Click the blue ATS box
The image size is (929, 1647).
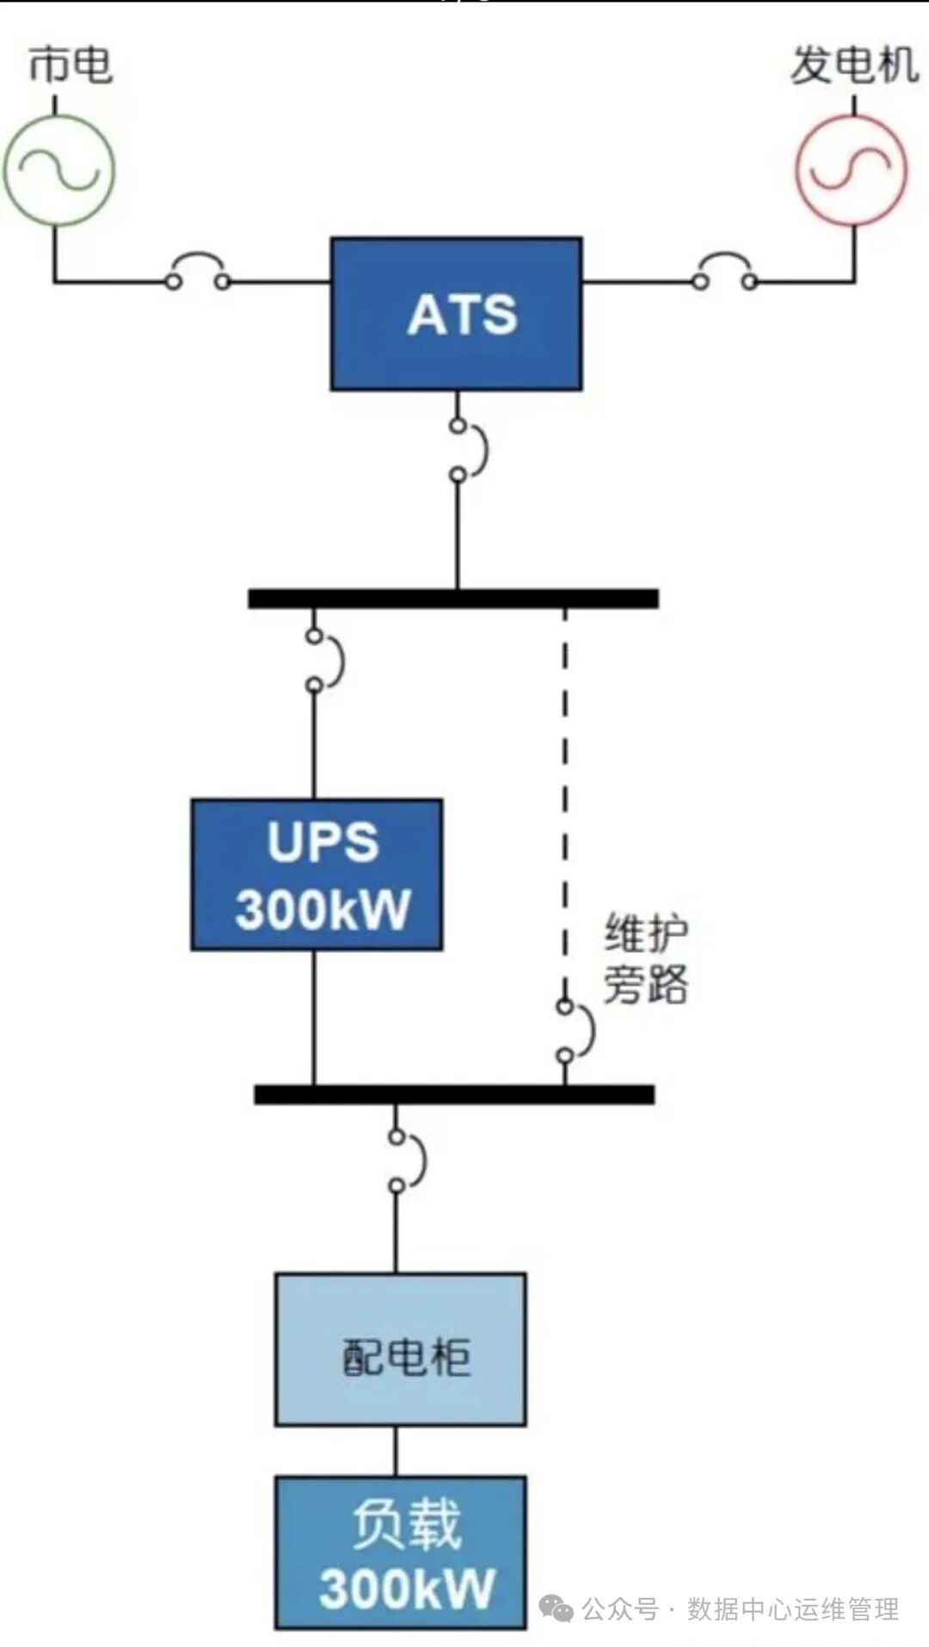pyautogui.click(x=456, y=314)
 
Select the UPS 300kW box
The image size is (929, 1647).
pyautogui.click(x=317, y=875)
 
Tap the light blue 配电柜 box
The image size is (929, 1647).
pyautogui.click(x=400, y=1349)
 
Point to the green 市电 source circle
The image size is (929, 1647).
pyautogui.click(x=58, y=170)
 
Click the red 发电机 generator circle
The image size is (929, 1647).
pyautogui.click(x=851, y=170)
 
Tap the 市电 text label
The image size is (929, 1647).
pyautogui.click(x=70, y=65)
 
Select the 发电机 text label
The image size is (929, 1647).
pyautogui.click(x=853, y=65)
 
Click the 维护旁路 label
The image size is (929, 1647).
pyautogui.click(x=645, y=958)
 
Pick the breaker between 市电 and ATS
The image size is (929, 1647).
pyautogui.click(x=198, y=273)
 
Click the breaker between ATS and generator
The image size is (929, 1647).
pyautogui.click(x=725, y=273)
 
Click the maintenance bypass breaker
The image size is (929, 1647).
pyautogui.click(x=575, y=1029)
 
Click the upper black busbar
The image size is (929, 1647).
pyautogui.click(x=453, y=599)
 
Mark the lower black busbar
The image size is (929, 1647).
pyautogui.click(x=453, y=1094)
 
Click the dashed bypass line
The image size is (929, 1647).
pyautogui.click(x=565, y=800)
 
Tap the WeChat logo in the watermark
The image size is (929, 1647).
pyautogui.click(x=556, y=1607)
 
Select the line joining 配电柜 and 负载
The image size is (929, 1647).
pyautogui.click(x=396, y=1451)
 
